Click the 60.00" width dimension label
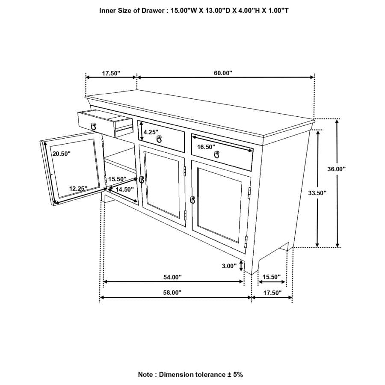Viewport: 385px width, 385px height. [x=223, y=73]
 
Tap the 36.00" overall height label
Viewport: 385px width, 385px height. [x=336, y=169]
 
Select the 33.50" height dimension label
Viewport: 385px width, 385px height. [x=317, y=193]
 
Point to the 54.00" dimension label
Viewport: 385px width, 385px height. [x=172, y=277]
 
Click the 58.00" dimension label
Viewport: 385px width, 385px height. [x=172, y=293]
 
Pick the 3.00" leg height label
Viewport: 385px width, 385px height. [x=229, y=266]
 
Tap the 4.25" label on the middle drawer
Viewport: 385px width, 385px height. [x=151, y=132]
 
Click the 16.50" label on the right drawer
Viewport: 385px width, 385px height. [x=206, y=147]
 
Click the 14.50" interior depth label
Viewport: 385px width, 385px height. [x=125, y=189]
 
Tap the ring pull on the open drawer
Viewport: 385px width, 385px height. [x=93, y=125]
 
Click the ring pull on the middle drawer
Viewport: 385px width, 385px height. [x=159, y=139]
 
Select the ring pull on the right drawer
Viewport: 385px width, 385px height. [x=216, y=154]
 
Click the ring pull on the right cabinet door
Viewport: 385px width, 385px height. [x=192, y=199]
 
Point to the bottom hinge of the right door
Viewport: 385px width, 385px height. [x=246, y=242]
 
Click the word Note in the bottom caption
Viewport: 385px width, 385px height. [x=146, y=374]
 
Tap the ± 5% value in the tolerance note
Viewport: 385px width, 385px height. [x=235, y=374]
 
